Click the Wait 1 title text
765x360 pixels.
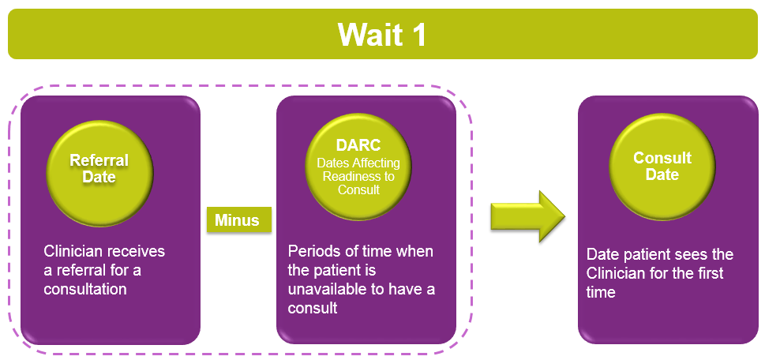(x=382, y=34)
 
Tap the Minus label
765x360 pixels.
(x=237, y=220)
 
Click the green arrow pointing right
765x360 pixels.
(x=527, y=216)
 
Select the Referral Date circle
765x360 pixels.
(x=99, y=173)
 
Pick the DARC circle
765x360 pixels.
(x=358, y=166)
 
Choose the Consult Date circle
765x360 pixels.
(x=662, y=165)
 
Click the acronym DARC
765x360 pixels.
(x=358, y=145)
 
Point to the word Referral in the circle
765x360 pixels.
(x=99, y=160)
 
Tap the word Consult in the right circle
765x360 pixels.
(x=662, y=158)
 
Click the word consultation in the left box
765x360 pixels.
(x=85, y=288)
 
